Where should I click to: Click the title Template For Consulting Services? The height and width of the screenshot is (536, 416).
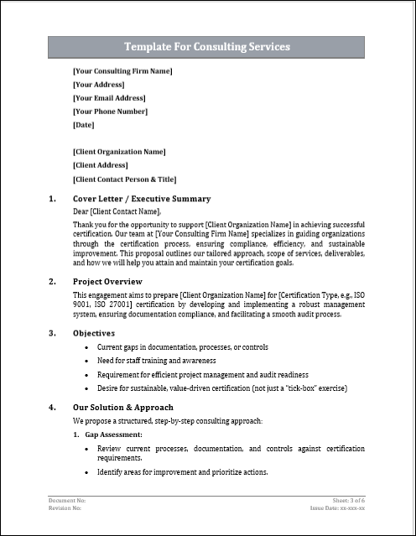tap(207, 47)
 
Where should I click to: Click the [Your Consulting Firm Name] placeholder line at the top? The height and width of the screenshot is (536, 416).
tap(122, 70)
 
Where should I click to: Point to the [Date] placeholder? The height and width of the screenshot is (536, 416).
tap(84, 124)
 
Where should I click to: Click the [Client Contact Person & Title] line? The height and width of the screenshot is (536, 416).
tap(124, 179)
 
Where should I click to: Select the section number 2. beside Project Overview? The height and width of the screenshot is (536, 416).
tap(52, 281)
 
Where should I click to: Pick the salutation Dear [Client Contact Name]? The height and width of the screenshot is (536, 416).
tap(116, 211)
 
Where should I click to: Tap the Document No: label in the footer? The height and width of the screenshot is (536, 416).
tap(68, 500)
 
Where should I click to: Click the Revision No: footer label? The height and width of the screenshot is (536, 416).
tap(65, 508)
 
